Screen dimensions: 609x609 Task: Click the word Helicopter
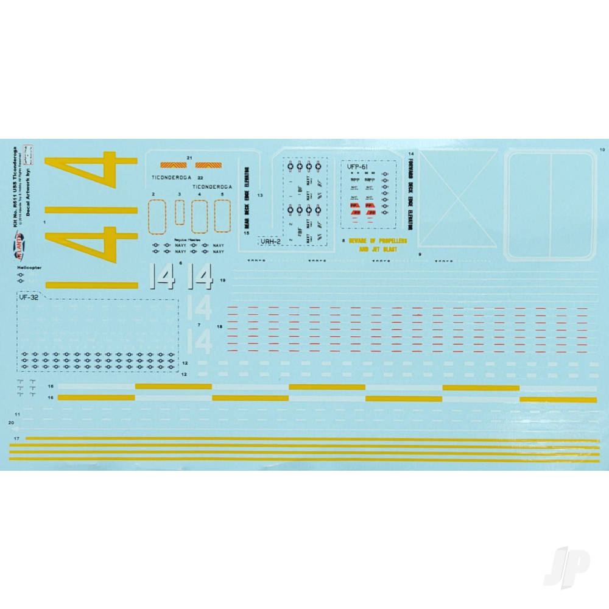(x=30, y=267)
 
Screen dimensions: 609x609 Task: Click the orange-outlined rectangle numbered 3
(x=180, y=213)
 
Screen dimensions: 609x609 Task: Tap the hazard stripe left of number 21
(x=170, y=164)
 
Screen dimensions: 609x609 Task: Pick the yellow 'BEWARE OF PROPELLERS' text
(x=378, y=241)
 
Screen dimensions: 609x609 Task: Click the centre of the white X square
(x=457, y=199)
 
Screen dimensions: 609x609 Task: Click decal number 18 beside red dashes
(x=220, y=327)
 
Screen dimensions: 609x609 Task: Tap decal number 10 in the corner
(x=602, y=149)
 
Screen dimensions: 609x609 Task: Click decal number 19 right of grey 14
(x=224, y=280)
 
